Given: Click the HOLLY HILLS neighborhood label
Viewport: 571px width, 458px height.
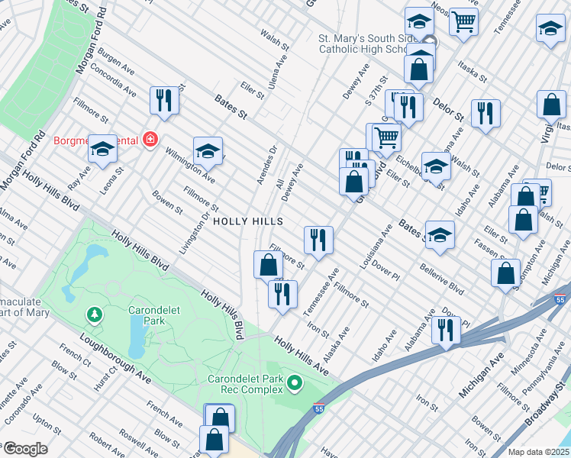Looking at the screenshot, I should (x=248, y=221).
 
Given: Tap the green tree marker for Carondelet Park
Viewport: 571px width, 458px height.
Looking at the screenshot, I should (x=94, y=314).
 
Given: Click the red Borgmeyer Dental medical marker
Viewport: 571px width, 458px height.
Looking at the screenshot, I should (x=150, y=140).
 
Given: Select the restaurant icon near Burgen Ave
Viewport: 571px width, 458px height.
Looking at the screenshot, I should (x=164, y=100).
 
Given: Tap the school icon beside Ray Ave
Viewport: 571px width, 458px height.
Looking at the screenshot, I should (x=102, y=150).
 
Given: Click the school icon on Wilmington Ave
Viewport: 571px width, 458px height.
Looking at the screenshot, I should (x=208, y=151).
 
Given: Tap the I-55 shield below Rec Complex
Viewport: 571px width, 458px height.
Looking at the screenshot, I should (x=318, y=410).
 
